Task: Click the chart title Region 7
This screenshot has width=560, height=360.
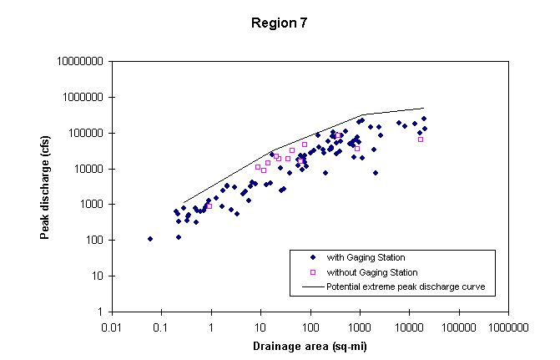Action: pos(280,23)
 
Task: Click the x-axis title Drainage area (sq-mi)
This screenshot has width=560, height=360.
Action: pos(309,346)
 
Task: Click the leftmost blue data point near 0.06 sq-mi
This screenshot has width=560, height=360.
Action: pos(150,239)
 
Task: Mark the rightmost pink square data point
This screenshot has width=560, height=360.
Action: pos(421,139)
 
